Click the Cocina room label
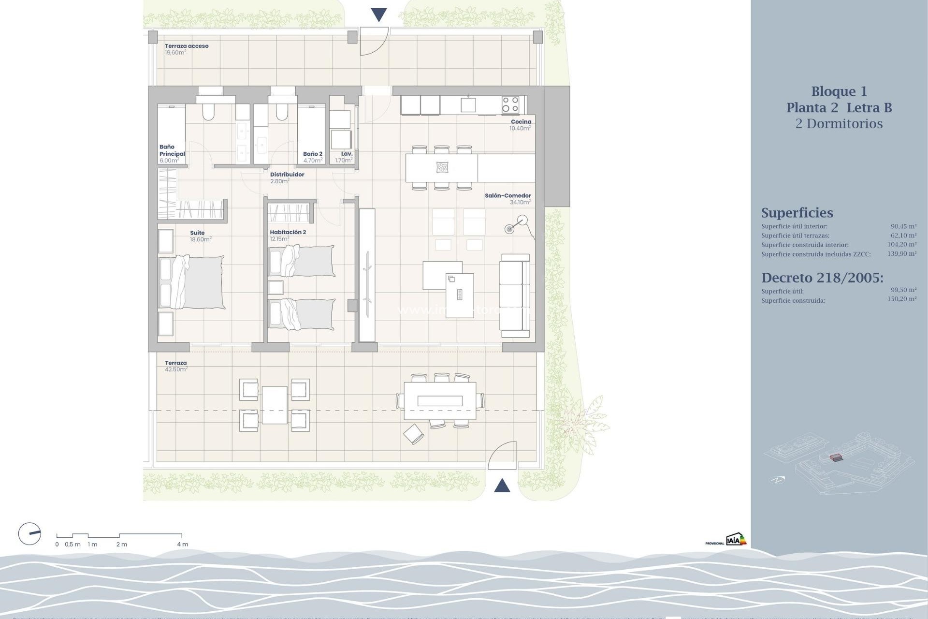tap(521, 122)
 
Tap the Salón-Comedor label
tap(507, 196)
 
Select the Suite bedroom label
tap(197, 233)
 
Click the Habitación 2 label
tap(288, 232)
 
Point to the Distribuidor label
tap(287, 175)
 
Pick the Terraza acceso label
tap(187, 46)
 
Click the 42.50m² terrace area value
tap(176, 369)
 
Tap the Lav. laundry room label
tap(347, 154)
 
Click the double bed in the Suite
tap(192, 282)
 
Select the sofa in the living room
tap(515, 295)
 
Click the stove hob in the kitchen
tap(510, 104)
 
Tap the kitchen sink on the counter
tap(468, 104)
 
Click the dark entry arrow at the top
tap(379, 15)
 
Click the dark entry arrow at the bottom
tap(502, 485)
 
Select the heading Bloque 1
tap(839, 91)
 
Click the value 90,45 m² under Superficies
tap(903, 226)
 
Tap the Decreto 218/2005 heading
tap(822, 278)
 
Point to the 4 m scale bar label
tap(182, 544)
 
